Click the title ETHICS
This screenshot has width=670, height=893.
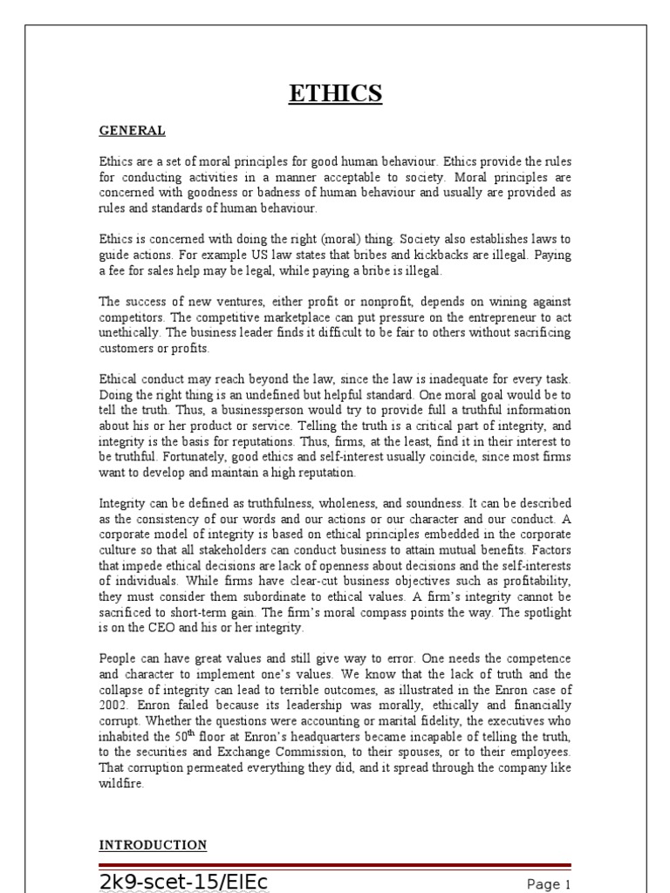pyautogui.click(x=335, y=92)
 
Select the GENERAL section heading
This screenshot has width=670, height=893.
pyautogui.click(x=131, y=131)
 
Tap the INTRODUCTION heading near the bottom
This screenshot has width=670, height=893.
pyautogui.click(x=153, y=845)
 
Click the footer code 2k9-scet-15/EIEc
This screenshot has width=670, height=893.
pyautogui.click(x=183, y=882)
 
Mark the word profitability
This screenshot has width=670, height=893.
pyautogui.click(x=537, y=579)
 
